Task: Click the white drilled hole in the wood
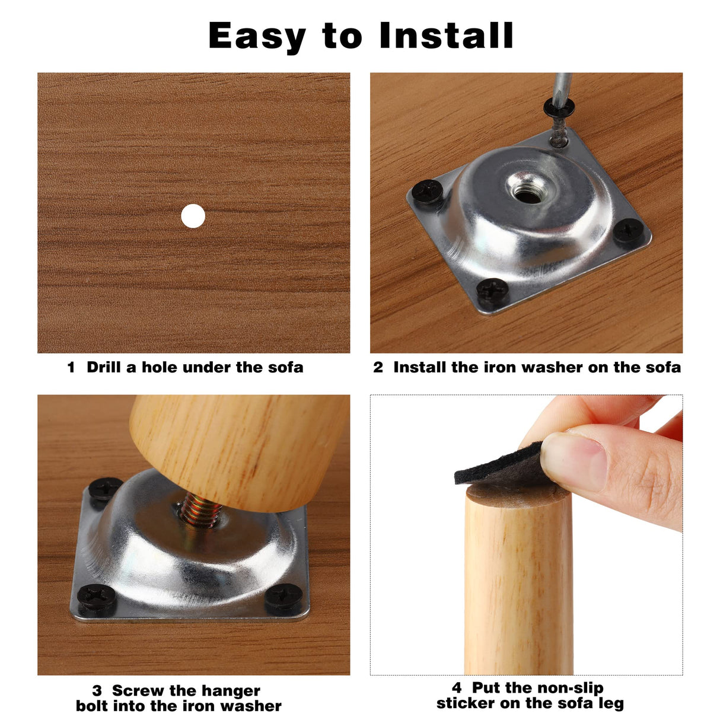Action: (193, 216)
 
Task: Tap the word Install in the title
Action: (447, 36)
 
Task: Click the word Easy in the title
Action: (257, 37)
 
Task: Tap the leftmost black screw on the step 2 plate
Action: (427, 192)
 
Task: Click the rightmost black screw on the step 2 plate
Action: (629, 230)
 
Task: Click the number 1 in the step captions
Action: (71, 367)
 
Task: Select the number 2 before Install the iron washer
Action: (378, 367)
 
